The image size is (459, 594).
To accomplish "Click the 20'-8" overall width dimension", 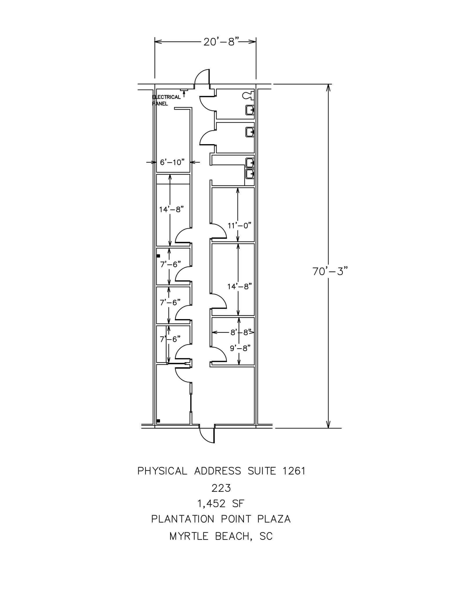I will click(221, 42).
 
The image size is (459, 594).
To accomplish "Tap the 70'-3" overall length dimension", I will click(330, 271).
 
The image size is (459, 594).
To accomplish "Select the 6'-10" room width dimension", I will click(172, 162).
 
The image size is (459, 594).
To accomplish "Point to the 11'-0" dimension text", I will click(239, 225).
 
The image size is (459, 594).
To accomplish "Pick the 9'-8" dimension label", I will click(240, 348).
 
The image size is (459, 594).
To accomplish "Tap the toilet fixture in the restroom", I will click(248, 94).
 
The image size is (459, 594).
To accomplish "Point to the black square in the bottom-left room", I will click(158, 421).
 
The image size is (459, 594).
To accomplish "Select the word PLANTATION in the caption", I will click(183, 519).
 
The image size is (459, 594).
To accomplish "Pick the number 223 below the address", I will click(221, 488).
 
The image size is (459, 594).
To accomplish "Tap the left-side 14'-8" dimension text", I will click(171, 209).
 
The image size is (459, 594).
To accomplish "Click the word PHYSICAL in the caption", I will click(162, 471).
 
